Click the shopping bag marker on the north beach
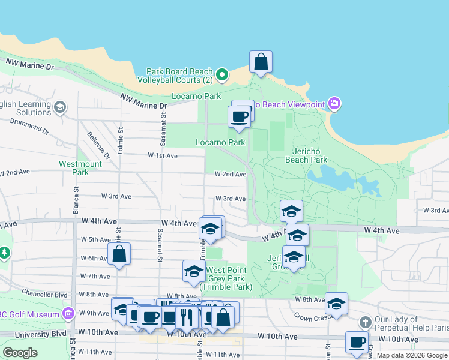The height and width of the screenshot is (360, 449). click(x=261, y=62)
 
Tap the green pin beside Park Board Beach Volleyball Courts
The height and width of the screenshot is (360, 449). click(x=222, y=75)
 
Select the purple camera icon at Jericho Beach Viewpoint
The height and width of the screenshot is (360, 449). click(x=335, y=104)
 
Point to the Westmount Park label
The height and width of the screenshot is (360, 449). click(x=80, y=167)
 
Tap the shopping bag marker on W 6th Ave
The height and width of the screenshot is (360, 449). click(x=119, y=254)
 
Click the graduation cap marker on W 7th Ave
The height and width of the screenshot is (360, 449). click(x=194, y=271)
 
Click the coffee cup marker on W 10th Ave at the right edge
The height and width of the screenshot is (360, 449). click(x=357, y=342)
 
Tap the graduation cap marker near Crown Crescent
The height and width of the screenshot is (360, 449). click(x=336, y=304)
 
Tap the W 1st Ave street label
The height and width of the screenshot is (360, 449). click(x=163, y=155)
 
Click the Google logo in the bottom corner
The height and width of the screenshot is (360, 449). click(x=20, y=353)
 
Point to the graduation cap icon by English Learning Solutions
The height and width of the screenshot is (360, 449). click(x=59, y=107)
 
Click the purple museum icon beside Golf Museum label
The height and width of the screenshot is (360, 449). click(x=68, y=314)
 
